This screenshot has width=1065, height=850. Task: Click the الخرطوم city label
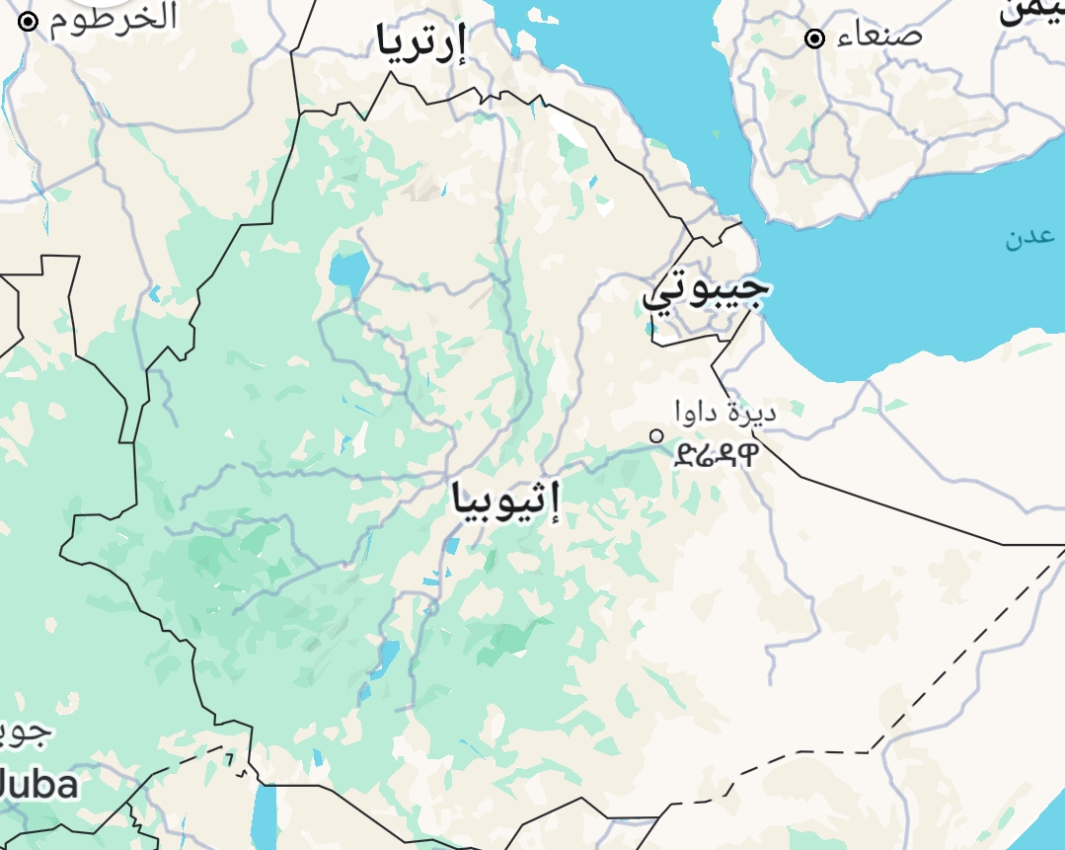coord(114,18)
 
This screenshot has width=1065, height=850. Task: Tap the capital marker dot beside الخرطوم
coord(28,22)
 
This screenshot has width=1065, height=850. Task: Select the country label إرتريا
coord(419,42)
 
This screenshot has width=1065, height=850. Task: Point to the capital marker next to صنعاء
coord(814,39)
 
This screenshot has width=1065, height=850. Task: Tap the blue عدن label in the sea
coord(1029,238)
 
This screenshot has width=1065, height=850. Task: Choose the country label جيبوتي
coord(705,288)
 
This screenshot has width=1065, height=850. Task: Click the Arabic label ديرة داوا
coord(725,411)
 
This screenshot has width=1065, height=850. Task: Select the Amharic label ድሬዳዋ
coord(718,454)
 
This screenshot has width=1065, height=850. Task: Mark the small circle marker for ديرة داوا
coord(656,435)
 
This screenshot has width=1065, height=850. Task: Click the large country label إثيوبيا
coord(505,500)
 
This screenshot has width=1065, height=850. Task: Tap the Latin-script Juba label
coord(38,786)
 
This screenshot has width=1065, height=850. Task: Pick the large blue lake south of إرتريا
coord(349,269)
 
